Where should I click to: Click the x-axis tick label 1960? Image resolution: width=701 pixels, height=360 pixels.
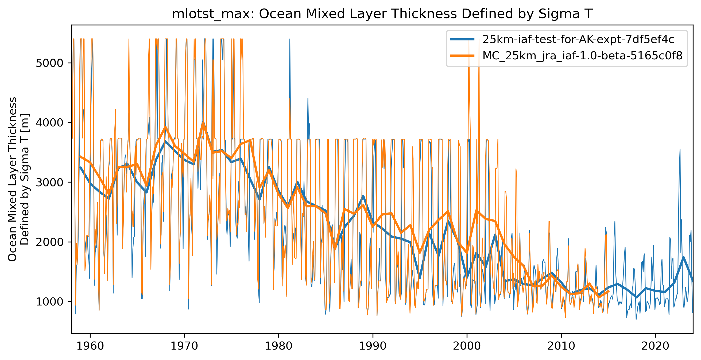tap(90, 346)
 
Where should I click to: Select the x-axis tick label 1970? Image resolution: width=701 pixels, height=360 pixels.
tap(184, 346)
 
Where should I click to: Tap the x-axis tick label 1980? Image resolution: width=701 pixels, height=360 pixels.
tap(278, 346)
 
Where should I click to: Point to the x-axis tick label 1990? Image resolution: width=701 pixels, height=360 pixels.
tap(373, 346)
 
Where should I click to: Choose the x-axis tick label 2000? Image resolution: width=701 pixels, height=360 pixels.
tap(467, 346)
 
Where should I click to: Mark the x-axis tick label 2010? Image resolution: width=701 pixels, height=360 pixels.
tap(561, 346)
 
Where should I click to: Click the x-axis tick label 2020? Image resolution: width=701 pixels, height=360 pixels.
tap(655, 346)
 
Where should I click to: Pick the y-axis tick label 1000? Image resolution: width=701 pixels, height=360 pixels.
tap(49, 302)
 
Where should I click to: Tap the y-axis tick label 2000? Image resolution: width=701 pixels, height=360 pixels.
tap(49, 242)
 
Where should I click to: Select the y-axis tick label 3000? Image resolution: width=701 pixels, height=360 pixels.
tap(49, 182)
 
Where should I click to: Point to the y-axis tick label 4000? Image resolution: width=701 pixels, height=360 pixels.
tap(49, 123)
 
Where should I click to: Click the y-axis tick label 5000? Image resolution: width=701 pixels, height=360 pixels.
tap(49, 63)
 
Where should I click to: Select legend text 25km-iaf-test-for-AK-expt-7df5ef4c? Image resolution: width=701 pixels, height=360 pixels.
tap(578, 40)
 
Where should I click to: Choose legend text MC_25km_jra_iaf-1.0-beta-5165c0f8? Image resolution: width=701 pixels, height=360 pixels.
tap(582, 56)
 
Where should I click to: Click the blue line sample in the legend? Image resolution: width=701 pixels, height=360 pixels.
tap(462, 40)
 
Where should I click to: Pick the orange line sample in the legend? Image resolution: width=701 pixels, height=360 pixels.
tap(462, 56)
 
